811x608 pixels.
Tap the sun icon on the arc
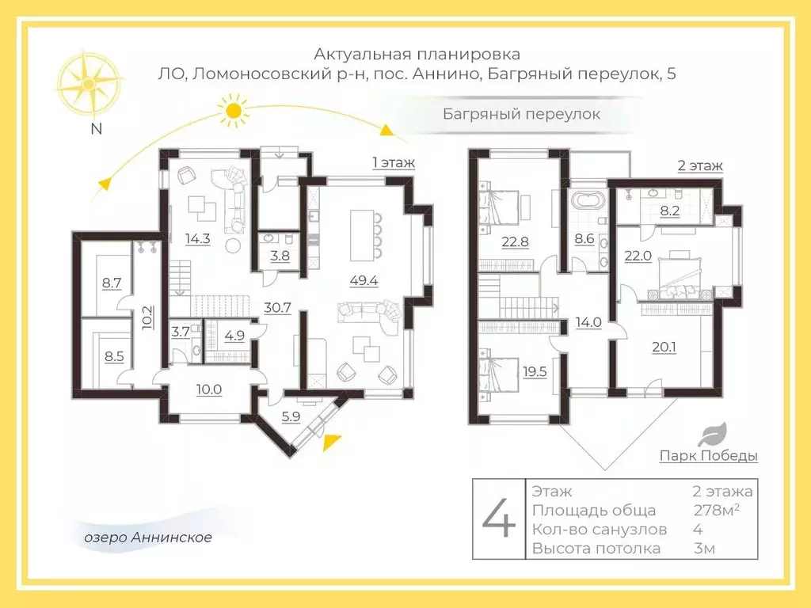pyautogui.click(x=232, y=111)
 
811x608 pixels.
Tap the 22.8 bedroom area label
pyautogui.click(x=514, y=242)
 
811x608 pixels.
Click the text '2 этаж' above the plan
pyautogui.click(x=699, y=166)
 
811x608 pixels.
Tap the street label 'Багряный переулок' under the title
pyautogui.click(x=520, y=114)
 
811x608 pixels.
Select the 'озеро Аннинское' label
pyautogui.click(x=148, y=538)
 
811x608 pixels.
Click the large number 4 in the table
pyautogui.click(x=499, y=519)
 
